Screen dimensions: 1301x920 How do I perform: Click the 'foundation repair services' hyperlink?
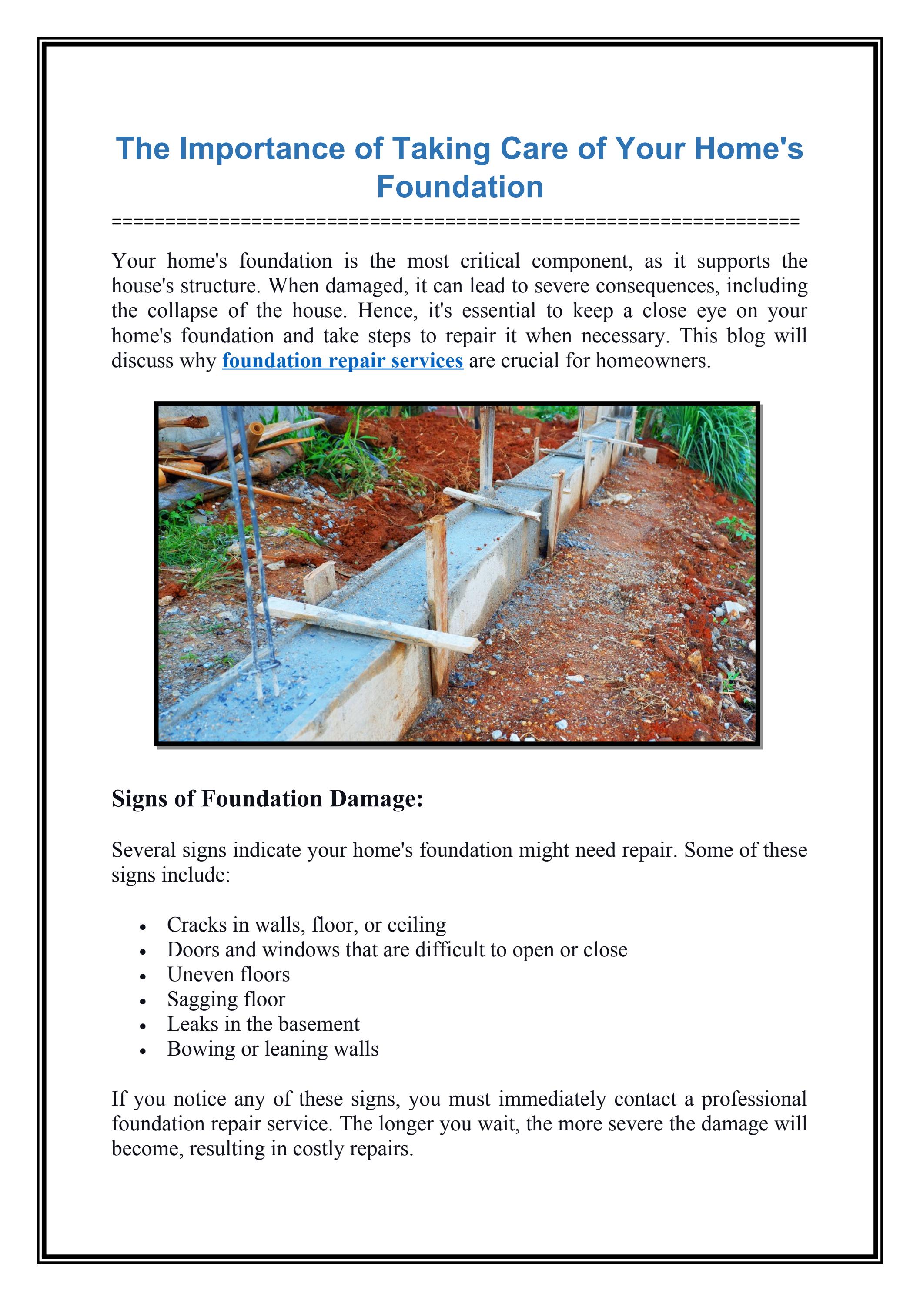(342, 361)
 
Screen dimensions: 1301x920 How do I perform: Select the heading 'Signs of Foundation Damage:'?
(268, 798)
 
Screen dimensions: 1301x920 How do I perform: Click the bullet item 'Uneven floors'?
(228, 974)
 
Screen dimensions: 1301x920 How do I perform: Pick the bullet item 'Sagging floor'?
(226, 999)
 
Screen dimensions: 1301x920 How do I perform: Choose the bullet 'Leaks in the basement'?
(263, 1024)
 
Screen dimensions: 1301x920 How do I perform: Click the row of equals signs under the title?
(455, 221)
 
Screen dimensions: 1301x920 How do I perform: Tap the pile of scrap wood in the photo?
(227, 448)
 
